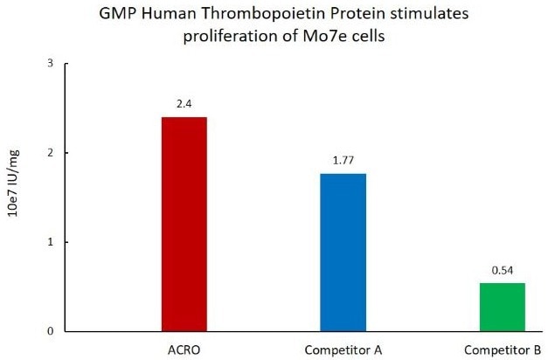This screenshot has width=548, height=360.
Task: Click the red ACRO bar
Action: [x=184, y=224]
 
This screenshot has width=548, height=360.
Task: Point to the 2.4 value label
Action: [x=184, y=104]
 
